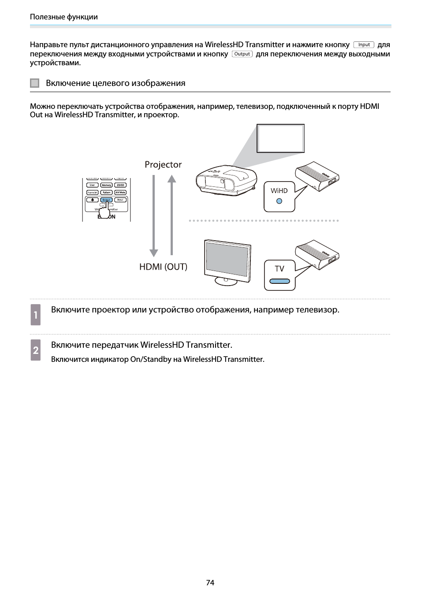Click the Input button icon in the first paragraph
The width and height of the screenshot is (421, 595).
(364, 45)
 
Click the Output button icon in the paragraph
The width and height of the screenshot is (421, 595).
(242, 54)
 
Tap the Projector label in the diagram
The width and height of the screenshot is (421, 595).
(163, 164)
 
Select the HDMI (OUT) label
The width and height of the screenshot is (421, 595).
(163, 267)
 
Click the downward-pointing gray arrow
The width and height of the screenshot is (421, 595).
(153, 216)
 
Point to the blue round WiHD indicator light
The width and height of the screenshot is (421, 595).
(279, 201)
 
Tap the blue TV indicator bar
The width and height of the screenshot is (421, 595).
(279, 281)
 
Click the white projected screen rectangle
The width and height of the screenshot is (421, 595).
(281, 138)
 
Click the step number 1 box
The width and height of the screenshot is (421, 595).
(36, 315)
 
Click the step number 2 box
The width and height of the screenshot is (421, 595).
(36, 350)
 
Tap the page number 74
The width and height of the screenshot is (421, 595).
(210, 583)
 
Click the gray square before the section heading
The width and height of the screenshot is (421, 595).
(35, 83)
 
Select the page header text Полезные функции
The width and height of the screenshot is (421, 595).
(64, 17)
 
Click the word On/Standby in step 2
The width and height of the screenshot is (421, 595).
(151, 359)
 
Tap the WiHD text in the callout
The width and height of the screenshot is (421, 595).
(279, 191)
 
